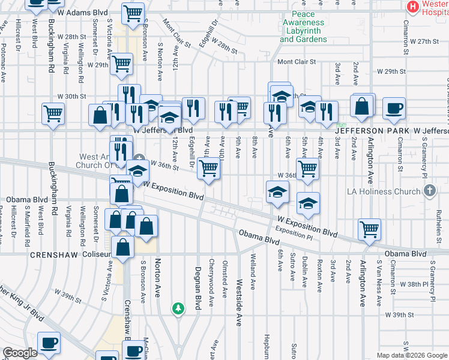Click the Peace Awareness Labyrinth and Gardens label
(303, 26)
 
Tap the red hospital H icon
(412, 7)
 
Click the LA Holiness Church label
(384, 192)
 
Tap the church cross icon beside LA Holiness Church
(429, 191)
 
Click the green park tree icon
(178, 308)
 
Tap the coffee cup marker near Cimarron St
(394, 109)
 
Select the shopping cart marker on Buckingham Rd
(53, 113)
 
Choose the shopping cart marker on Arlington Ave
(369, 229)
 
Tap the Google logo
(20, 353)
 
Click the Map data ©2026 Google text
(404, 355)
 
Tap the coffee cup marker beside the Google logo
(49, 343)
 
